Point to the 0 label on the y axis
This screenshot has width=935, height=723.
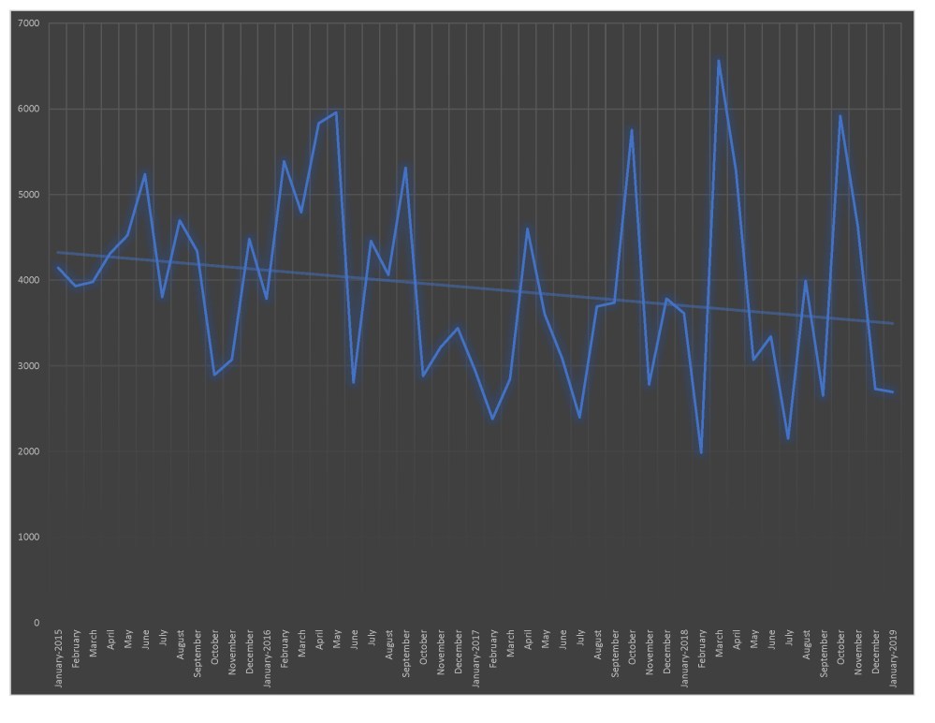[37, 623]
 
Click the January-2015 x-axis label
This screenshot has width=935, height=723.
[58, 659]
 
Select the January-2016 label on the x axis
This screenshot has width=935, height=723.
[267, 659]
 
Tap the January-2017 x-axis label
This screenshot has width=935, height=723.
[475, 659]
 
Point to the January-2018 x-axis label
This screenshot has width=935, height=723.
[684, 659]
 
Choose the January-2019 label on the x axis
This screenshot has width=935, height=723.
[893, 659]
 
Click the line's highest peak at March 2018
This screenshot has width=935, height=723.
[719, 61]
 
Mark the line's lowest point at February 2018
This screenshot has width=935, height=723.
[701, 453]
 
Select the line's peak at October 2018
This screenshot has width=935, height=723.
[840, 116]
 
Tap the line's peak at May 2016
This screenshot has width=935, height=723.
[336, 112]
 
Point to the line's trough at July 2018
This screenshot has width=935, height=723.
[788, 439]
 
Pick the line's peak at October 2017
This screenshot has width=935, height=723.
[632, 130]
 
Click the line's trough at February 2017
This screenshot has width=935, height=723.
[493, 419]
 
